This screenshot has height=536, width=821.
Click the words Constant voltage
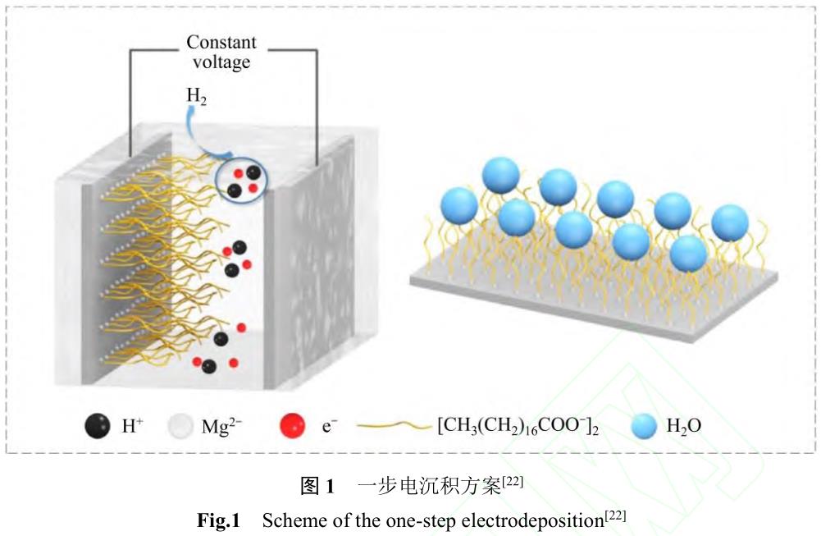(221, 51)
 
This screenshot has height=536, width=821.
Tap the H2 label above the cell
(196, 96)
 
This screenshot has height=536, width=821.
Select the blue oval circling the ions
(243, 180)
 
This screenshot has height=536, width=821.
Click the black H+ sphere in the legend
(97, 426)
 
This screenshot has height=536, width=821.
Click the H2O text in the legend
(685, 426)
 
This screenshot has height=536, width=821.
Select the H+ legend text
(133, 426)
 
